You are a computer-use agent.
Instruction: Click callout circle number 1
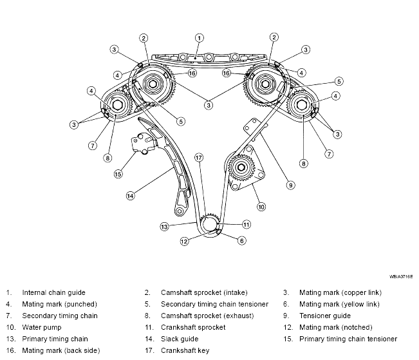tap(199, 38)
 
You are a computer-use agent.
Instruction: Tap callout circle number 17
tap(198, 158)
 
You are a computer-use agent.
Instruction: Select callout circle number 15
tap(118, 174)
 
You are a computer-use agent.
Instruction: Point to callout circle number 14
tap(130, 196)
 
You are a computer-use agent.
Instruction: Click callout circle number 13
tap(164, 227)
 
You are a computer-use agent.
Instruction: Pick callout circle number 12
tap(184, 242)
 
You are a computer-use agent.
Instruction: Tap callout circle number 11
tap(247, 224)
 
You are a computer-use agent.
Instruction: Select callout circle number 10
tap(261, 207)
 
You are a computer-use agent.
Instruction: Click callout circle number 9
tap(290, 185)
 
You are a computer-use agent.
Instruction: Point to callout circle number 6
tap(241, 241)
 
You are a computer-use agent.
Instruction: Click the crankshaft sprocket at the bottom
tap(210, 223)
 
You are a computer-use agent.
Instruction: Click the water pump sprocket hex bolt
tap(241, 167)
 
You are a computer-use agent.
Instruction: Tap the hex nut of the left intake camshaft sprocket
tap(153, 84)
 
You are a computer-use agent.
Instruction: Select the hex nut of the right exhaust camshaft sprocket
tap(302, 104)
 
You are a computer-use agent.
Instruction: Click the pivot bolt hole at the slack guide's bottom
tap(180, 212)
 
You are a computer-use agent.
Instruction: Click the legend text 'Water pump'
tap(42, 327)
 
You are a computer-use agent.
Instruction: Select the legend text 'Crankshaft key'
tap(185, 350)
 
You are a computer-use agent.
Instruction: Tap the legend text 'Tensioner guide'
tap(324, 316)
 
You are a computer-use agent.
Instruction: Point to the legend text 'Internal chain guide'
tap(53, 292)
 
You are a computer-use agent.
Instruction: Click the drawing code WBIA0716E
tap(401, 276)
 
